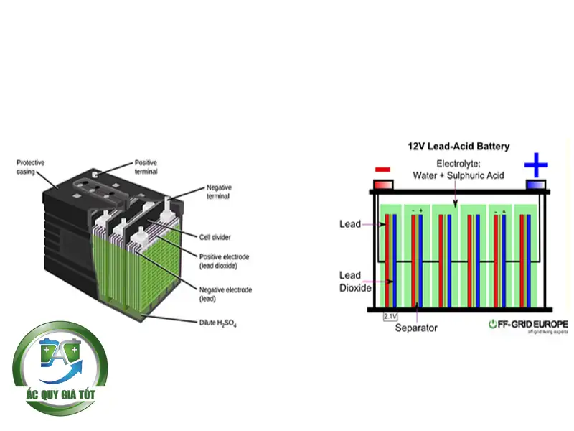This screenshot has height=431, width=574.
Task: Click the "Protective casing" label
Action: pyautogui.click(x=30, y=167)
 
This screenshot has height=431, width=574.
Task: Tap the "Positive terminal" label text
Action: pyautogui.click(x=146, y=167)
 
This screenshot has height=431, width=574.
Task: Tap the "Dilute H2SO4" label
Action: pyautogui.click(x=218, y=324)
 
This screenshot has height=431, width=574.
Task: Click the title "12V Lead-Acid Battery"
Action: pyautogui.click(x=458, y=147)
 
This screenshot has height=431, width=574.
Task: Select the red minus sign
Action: pyautogui.click(x=383, y=170)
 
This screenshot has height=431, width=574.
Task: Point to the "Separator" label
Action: pyautogui.click(x=416, y=328)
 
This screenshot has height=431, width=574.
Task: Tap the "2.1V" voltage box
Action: pyautogui.click(x=390, y=316)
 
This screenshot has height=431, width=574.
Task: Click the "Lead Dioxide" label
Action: pyautogui.click(x=354, y=281)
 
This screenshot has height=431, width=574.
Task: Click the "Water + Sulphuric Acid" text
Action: pyautogui.click(x=458, y=175)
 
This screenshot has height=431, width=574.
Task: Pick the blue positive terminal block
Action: pyautogui.click(x=535, y=185)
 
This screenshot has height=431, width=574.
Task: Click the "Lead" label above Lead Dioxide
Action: pyautogui.click(x=349, y=225)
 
